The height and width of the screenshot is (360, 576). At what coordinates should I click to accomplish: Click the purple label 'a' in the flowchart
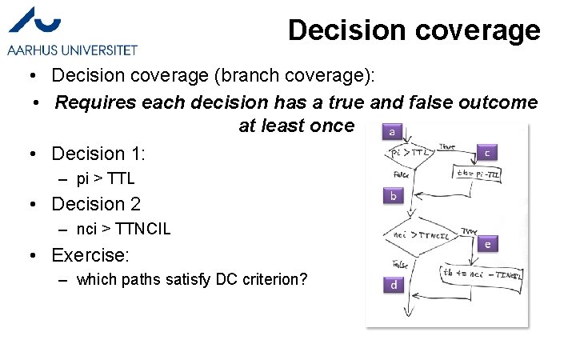391,131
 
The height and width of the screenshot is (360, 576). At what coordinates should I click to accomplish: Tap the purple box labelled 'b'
393,195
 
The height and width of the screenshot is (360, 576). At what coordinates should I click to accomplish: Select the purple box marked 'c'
488,152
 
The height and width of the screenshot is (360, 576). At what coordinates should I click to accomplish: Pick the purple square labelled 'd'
394,284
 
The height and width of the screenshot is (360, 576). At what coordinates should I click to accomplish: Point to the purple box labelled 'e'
488,243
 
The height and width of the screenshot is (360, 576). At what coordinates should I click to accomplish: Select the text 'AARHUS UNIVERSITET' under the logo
72,50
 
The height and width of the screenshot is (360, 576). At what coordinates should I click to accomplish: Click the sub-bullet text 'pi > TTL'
106,178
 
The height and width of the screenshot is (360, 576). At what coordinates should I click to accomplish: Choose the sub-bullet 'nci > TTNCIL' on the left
123,230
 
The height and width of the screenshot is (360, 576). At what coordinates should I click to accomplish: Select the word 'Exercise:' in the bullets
90,255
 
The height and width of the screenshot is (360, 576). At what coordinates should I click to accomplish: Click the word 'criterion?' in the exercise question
280,280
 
